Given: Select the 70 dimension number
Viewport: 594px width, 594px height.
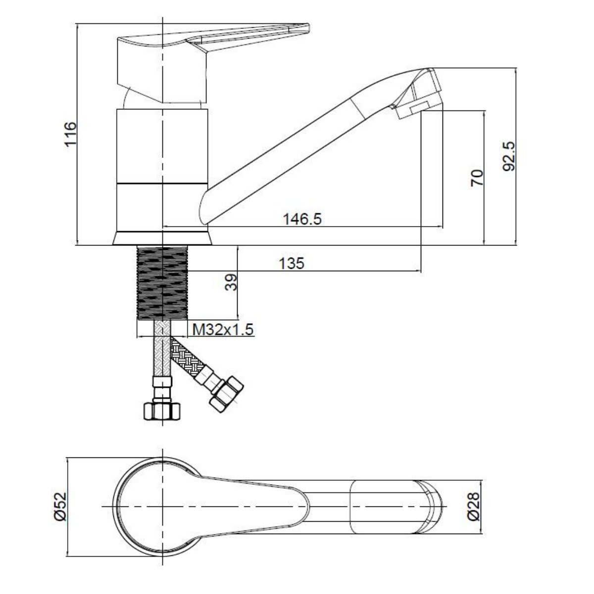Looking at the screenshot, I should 477,177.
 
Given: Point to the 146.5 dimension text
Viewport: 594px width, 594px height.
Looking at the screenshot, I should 302,218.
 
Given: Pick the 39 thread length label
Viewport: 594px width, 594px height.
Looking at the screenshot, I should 231,283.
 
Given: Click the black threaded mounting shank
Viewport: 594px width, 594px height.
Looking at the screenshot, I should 162,283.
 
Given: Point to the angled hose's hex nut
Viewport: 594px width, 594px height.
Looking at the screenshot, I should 227,394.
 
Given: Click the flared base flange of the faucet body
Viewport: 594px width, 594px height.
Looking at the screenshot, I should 162,239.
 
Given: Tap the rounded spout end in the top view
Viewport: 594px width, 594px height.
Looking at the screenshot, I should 433,507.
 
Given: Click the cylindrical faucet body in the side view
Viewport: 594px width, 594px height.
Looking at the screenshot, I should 162,168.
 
